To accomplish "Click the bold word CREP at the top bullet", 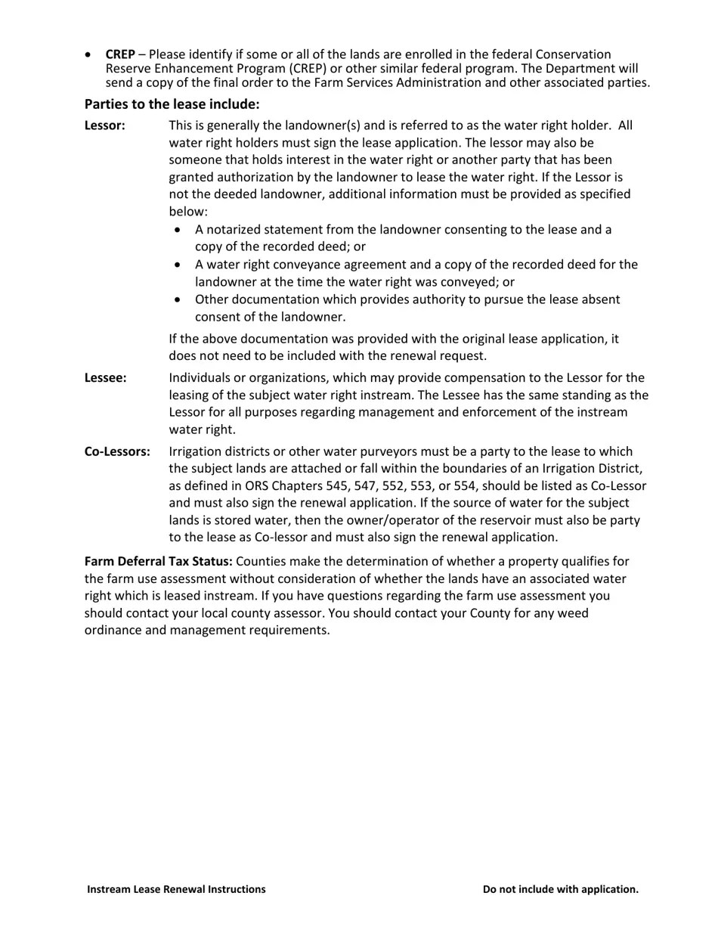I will pos(120,54).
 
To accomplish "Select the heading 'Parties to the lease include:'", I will pos(172,104).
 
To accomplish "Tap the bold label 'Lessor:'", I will pos(104,126).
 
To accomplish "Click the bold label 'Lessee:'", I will pos(105,378).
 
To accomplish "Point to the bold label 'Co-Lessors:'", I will pos(117,451).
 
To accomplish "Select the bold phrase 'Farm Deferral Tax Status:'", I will pos(159,562).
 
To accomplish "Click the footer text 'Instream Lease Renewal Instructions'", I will pos(176,889).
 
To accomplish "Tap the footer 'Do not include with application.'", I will pos(560,889).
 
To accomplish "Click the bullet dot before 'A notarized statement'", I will pos(178,230).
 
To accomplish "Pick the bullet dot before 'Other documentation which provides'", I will pos(178,300).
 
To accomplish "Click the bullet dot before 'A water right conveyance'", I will pos(178,265).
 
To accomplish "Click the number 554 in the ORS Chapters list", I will pos(465,486).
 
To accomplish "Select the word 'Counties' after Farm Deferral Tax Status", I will pos(261,562).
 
